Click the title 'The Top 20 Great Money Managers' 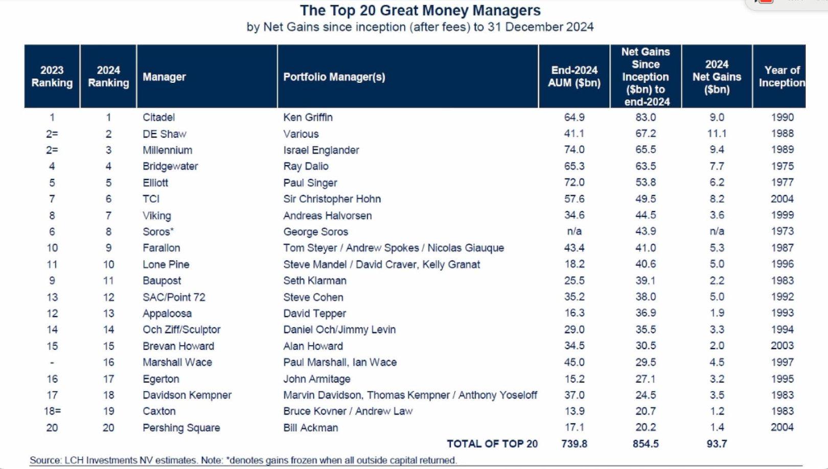420,10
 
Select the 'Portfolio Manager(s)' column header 334,77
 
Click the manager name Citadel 158,117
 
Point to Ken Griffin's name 308,117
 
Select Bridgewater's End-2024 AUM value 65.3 574,166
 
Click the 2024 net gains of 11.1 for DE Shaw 717,133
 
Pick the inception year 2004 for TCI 782,199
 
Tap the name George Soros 315,232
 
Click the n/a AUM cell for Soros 574,232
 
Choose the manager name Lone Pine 166,264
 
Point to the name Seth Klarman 314,281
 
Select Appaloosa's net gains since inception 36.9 646,313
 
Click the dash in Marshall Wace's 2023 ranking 52,363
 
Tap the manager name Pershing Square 181,428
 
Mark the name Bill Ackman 310,428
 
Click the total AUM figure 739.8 574,444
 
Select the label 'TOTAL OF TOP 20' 492,444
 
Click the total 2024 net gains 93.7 717,444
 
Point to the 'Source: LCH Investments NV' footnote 243,460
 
